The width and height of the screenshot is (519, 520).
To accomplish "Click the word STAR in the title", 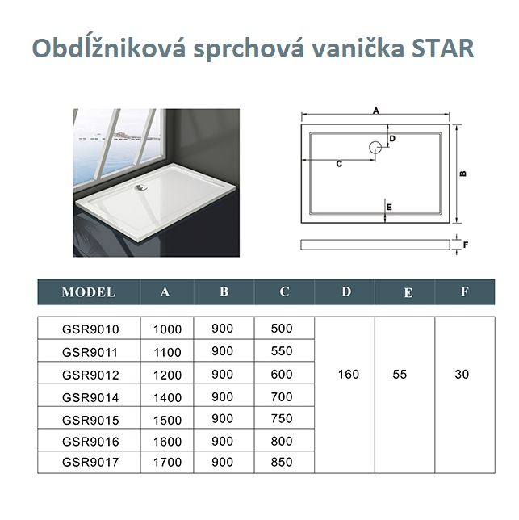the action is pos(443,48).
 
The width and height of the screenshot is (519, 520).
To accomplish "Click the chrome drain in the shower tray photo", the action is pos(141,187).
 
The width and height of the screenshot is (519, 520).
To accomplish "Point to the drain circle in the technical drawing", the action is pos(375,147).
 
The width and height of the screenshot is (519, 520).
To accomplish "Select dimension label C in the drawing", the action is pos(339,164).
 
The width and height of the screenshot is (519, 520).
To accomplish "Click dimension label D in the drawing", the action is pos(392,139).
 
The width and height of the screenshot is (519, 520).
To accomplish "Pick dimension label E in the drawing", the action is pos(389,208).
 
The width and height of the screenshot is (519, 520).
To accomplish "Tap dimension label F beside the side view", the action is pos(466,245).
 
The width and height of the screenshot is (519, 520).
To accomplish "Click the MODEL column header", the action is pos(89,292).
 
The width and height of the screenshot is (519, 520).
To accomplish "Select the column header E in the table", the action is pos(408,293).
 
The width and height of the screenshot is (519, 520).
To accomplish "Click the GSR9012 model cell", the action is pos(90,375).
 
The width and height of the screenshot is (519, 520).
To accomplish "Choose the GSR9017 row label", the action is pos(90,462).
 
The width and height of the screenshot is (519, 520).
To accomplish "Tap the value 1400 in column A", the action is pos(167,397).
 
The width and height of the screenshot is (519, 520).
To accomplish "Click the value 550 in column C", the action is pos(282,351).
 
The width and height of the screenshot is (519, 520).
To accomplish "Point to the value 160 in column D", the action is pos(349,375).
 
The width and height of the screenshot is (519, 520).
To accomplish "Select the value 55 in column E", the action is pos(400,375).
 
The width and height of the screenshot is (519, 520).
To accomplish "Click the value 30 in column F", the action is pos(462,375).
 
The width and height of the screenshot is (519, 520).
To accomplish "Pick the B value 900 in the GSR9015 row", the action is pos(222,418).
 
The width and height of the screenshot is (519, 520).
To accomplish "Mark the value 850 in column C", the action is pos(282,462).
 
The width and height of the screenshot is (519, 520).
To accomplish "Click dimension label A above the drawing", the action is pos(376,111).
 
